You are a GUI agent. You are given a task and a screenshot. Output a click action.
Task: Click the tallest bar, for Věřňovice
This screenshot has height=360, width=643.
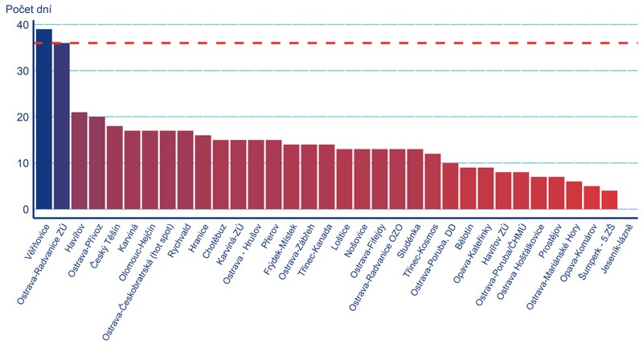point(44,121)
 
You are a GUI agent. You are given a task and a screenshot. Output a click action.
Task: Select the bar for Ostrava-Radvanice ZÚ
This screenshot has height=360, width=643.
point(62,129)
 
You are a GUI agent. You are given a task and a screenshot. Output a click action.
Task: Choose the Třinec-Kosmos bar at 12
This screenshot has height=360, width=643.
point(433,183)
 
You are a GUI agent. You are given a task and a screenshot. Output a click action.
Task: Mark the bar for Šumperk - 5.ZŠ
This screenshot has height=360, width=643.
point(610,202)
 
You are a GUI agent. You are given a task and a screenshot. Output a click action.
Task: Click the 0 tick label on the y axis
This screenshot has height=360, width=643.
point(26,210)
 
